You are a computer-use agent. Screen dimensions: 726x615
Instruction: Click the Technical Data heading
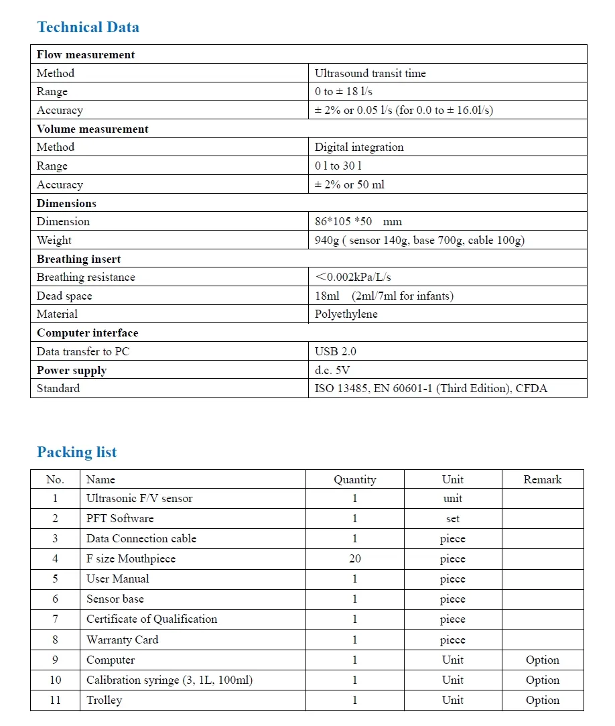(88, 27)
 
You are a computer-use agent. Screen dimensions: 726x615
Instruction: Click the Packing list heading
(76, 452)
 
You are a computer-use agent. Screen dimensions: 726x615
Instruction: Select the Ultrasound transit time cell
(370, 73)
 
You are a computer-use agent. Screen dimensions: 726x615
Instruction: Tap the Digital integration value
(359, 147)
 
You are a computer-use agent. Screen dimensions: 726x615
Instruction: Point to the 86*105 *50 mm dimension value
(358, 221)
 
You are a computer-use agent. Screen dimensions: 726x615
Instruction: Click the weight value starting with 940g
(419, 240)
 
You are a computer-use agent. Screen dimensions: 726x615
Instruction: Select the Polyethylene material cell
(346, 314)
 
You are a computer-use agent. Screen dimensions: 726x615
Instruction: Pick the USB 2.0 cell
(336, 351)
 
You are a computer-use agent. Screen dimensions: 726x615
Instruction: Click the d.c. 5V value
(332, 370)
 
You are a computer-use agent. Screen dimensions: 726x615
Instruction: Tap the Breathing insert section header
(78, 259)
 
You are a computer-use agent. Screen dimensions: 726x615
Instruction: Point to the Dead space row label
(64, 296)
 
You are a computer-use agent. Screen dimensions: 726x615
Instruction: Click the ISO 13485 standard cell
(431, 388)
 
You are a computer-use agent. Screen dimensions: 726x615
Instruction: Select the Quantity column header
(354, 479)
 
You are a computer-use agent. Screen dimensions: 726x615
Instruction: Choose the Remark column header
(542, 479)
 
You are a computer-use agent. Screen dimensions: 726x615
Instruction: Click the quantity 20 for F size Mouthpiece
(354, 558)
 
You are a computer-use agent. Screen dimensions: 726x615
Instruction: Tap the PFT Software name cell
(120, 518)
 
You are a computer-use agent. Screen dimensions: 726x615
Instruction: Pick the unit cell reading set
(452, 518)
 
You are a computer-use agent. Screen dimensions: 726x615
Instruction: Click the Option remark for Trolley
(542, 700)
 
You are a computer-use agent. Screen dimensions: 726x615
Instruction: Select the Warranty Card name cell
(122, 640)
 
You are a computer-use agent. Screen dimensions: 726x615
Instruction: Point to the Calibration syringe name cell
(169, 680)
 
